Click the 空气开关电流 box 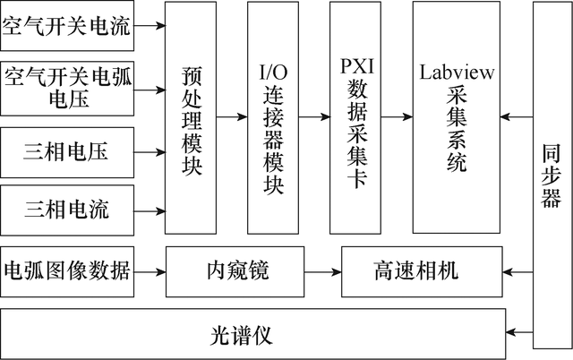coord(67,26)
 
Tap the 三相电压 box coord(67,151)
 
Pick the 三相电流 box coord(67,211)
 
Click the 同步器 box coord(551,175)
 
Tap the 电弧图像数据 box coord(67,270)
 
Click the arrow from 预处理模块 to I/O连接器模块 coord(233,117)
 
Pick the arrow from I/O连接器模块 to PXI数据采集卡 coord(314,117)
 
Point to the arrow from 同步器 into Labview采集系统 coord(517,117)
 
